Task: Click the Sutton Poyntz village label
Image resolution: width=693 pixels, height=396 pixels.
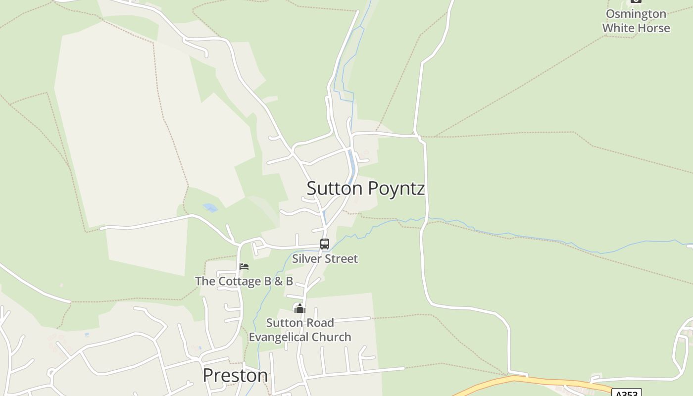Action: [x=365, y=189]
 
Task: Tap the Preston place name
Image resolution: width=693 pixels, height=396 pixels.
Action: [x=235, y=375]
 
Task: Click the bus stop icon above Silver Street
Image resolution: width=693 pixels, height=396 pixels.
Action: [x=325, y=244]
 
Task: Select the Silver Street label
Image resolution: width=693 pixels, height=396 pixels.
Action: [x=325, y=258]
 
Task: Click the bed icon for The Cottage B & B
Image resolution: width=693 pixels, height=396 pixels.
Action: [x=244, y=267]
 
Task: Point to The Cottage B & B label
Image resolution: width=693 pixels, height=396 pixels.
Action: [x=244, y=281]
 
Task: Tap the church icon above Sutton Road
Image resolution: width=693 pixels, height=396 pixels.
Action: [x=299, y=309]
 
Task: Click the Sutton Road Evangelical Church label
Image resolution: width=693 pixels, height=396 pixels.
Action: [x=300, y=330]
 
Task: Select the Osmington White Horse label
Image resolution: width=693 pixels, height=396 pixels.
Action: [x=636, y=21]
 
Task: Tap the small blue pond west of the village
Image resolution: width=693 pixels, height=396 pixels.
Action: [x=210, y=207]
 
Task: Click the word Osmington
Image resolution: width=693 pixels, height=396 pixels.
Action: [x=636, y=14]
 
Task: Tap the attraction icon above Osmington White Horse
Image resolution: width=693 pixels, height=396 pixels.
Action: [x=636, y=1]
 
